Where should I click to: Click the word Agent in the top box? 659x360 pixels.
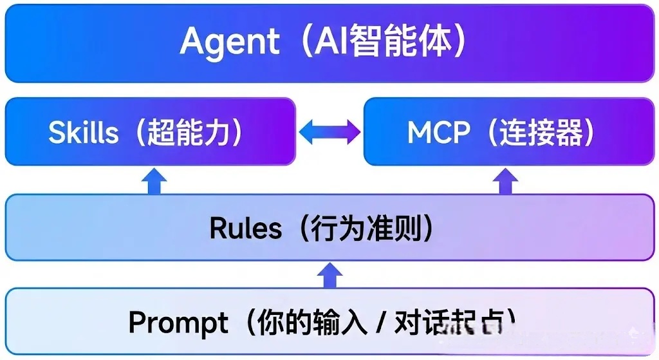click(x=230, y=42)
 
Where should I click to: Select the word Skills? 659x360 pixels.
click(x=84, y=133)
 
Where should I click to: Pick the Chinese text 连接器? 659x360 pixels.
click(x=543, y=133)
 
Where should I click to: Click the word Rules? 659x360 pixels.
click(x=246, y=229)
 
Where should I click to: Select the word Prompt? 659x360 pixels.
click(x=178, y=322)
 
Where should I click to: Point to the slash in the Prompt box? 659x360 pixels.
click(x=380, y=323)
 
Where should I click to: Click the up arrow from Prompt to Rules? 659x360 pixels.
click(x=329, y=276)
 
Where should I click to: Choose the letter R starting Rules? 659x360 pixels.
click(x=219, y=229)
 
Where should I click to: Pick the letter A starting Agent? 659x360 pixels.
click(x=193, y=42)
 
